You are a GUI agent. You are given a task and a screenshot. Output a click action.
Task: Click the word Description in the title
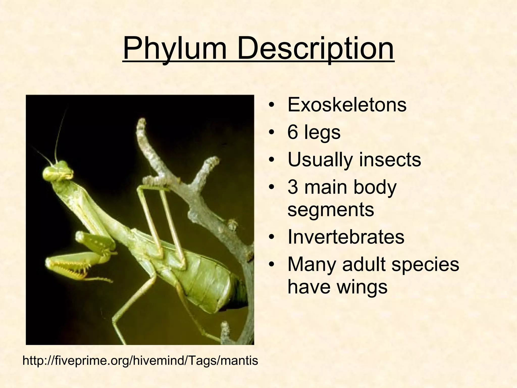point(315,48)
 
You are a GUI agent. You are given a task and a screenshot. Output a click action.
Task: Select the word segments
point(331,210)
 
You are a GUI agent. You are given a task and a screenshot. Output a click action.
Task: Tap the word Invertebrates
point(346,237)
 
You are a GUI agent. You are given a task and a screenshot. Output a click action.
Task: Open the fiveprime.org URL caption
point(140,360)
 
